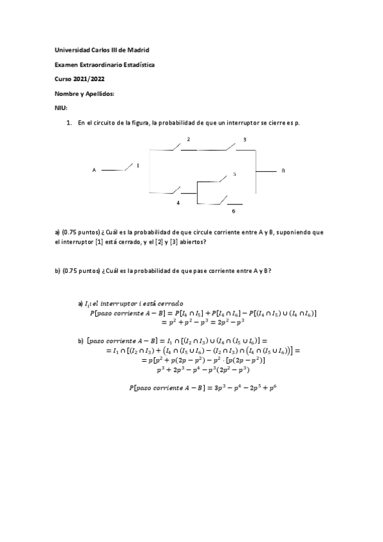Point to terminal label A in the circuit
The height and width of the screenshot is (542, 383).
[94, 170]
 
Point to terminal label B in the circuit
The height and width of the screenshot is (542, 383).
[283, 171]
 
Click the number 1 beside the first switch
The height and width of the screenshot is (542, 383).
[137, 165]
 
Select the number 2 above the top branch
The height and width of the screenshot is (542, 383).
[188, 139]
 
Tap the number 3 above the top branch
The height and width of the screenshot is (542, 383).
[244, 139]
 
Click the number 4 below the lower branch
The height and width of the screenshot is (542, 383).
[178, 202]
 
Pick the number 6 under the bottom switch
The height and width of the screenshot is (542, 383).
[233, 211]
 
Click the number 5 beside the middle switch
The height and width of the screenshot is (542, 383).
[234, 174]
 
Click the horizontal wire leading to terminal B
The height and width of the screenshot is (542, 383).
[265, 171]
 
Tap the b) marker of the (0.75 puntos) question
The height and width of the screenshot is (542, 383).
[58, 270]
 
